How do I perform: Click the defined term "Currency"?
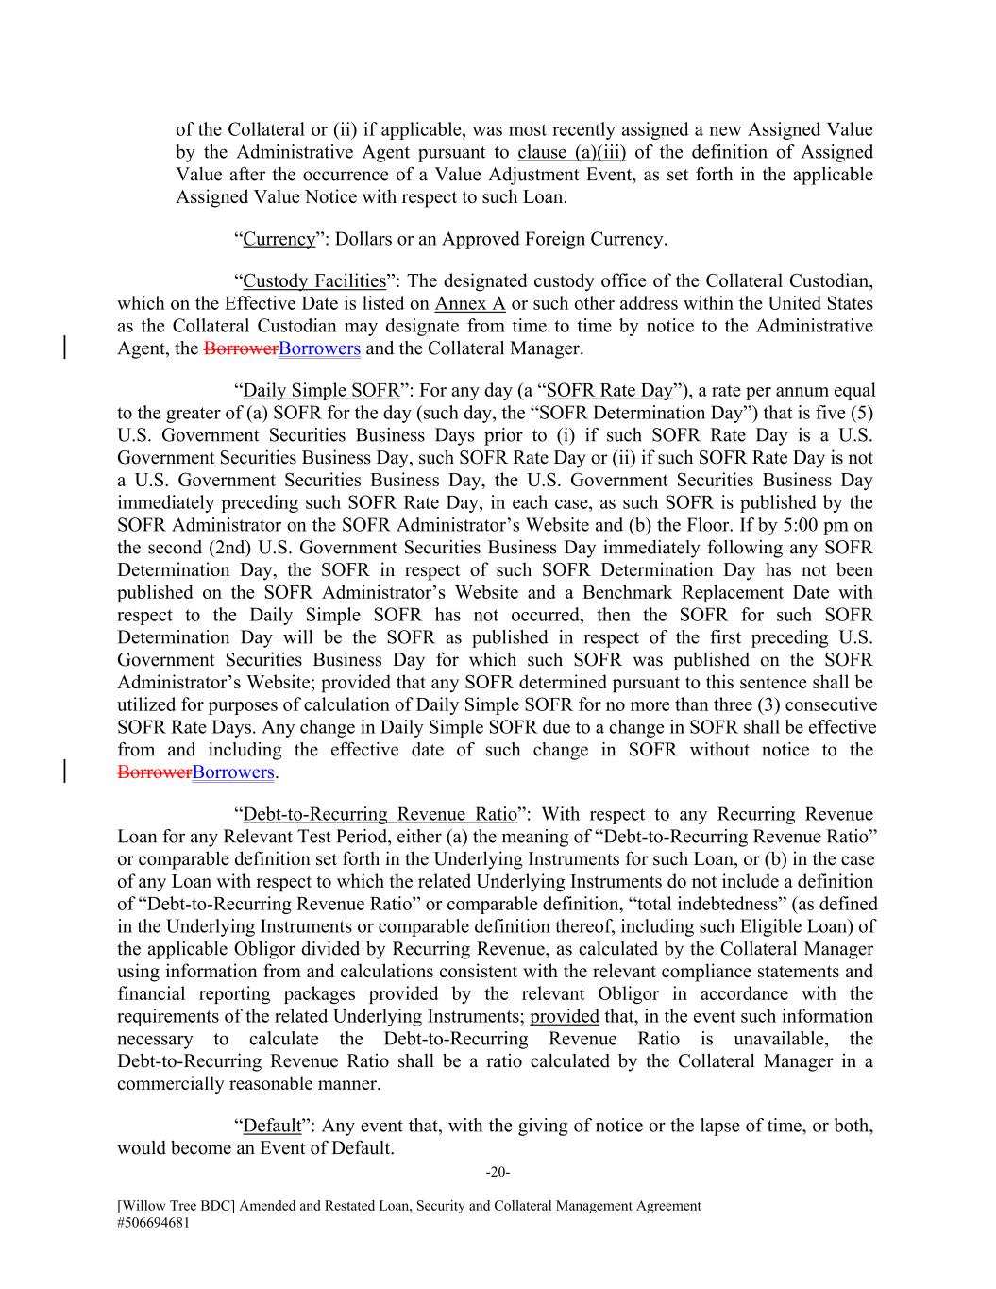(x=279, y=239)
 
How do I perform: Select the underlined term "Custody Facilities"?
(x=314, y=281)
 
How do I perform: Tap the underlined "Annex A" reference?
(x=470, y=304)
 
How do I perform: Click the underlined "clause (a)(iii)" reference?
(x=571, y=153)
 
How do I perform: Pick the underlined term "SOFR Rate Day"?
(x=609, y=391)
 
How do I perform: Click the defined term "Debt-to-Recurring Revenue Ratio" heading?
(x=380, y=815)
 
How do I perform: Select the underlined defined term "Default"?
(x=272, y=1127)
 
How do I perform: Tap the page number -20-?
(x=498, y=1173)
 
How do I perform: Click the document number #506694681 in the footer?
(x=154, y=1222)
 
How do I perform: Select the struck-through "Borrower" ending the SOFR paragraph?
(x=154, y=772)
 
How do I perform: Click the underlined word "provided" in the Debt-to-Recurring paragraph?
(x=565, y=1017)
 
